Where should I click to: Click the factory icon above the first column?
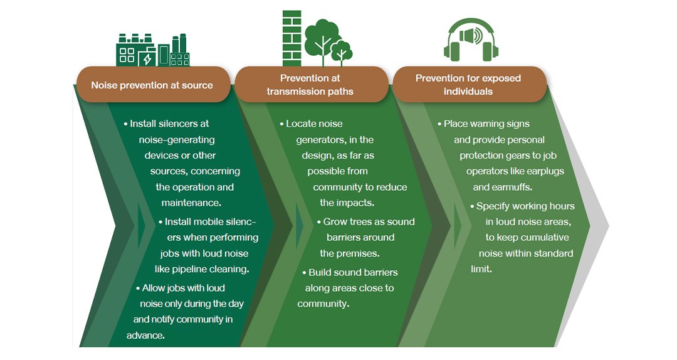[153, 50]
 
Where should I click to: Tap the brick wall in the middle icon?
[292, 38]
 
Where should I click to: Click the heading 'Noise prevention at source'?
[152, 85]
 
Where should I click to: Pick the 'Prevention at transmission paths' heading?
[310, 85]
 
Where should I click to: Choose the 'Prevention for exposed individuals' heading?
[468, 85]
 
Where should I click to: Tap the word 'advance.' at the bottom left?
[145, 335]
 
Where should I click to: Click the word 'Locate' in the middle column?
[301, 124]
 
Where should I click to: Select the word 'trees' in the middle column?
[367, 221]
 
